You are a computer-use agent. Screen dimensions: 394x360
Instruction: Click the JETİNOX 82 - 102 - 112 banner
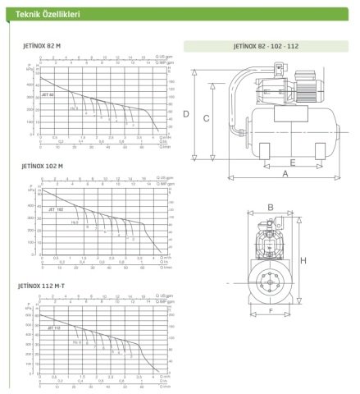(x=267, y=47)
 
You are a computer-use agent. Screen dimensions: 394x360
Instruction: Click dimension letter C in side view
(x=207, y=119)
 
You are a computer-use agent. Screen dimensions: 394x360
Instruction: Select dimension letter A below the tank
(x=286, y=173)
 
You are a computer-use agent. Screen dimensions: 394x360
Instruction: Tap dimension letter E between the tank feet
(x=292, y=162)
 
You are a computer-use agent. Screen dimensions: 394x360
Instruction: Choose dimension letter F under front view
(x=271, y=312)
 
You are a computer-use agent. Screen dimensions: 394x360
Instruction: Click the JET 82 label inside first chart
(x=48, y=96)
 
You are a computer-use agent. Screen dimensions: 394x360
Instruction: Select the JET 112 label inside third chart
(x=55, y=327)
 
